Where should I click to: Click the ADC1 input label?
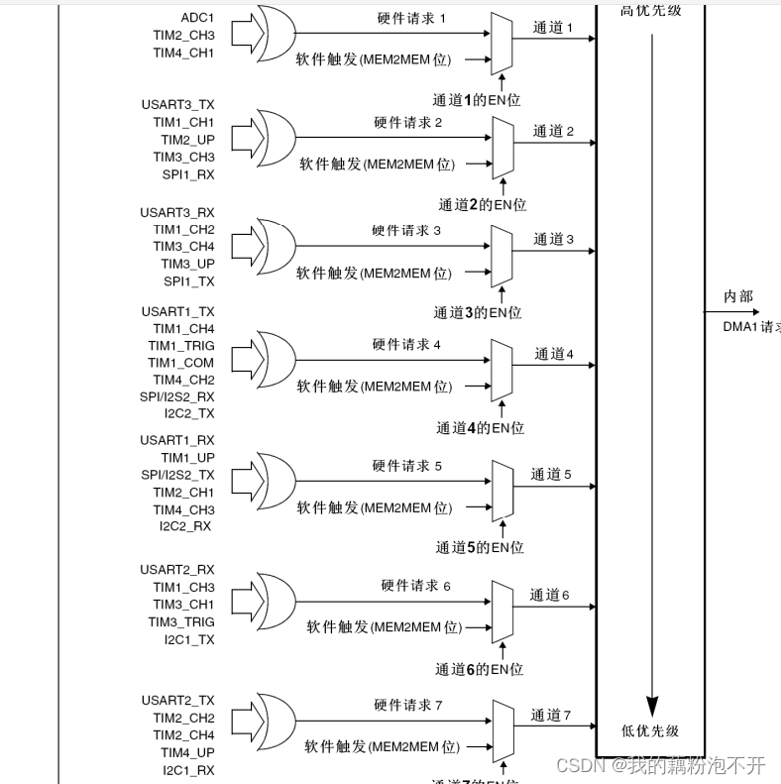(x=197, y=18)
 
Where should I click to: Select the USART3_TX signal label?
(x=177, y=104)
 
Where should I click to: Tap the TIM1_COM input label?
(x=181, y=363)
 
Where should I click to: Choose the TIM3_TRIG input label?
(x=181, y=622)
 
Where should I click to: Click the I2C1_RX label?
(x=188, y=770)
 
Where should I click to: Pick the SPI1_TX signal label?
(x=189, y=281)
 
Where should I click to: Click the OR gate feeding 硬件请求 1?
(x=274, y=35)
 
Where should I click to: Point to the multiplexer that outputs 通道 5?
(x=502, y=486)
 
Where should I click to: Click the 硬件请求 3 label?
(x=406, y=231)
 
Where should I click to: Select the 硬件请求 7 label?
(x=406, y=706)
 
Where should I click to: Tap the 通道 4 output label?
(x=554, y=354)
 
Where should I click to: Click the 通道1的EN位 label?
(x=477, y=99)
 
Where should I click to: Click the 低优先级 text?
(x=650, y=731)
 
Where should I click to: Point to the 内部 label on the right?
(x=738, y=296)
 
